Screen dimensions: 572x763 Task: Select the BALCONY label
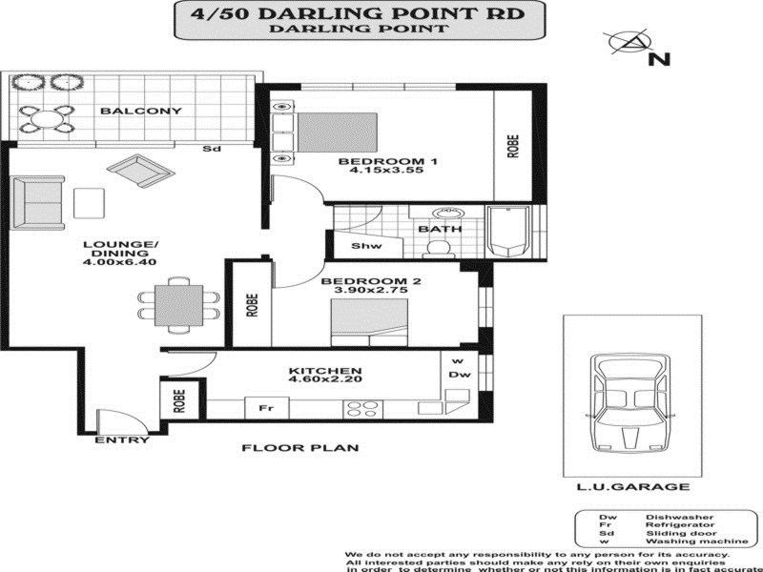[140, 111]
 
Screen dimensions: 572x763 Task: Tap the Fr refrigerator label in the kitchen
[268, 408]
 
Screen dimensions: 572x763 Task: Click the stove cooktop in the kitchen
[362, 408]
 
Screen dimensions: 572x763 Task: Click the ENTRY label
[122, 439]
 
